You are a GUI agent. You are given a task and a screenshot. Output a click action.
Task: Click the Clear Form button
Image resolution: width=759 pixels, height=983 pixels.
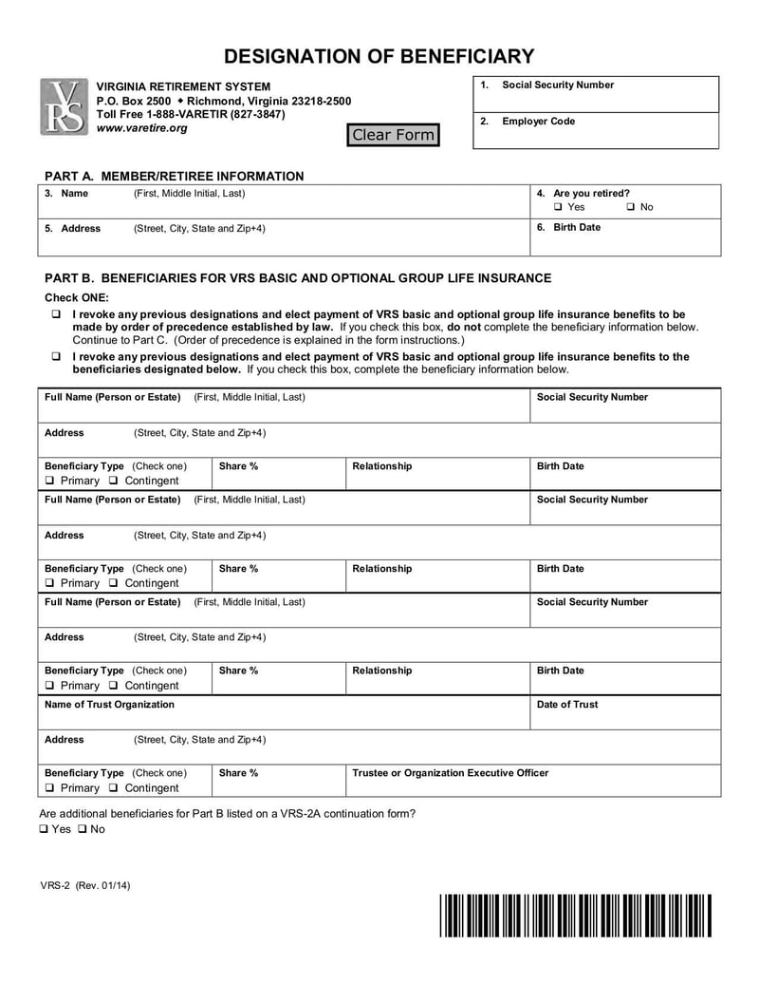pos(393,135)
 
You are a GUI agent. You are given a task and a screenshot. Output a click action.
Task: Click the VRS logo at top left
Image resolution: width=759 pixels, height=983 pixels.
pos(63,106)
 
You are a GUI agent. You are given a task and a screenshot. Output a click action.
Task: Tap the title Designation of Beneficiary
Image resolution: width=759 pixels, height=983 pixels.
pos(379,56)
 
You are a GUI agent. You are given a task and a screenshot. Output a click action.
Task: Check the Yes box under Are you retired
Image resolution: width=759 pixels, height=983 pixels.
pos(558,207)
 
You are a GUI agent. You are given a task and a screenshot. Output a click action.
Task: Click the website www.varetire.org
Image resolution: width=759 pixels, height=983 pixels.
pos(142,128)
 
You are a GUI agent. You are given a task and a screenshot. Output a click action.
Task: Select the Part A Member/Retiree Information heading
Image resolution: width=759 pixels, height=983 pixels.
pos(175,176)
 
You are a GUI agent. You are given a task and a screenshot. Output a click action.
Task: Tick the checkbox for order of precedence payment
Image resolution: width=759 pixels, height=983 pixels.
pos(56,314)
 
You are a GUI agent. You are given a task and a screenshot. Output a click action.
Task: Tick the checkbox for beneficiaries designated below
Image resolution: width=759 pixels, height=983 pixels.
pos(56,357)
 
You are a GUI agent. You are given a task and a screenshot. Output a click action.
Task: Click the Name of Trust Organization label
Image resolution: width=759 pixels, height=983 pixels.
pos(109,705)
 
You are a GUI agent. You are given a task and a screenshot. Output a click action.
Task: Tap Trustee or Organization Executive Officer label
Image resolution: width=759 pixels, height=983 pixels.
pos(450,773)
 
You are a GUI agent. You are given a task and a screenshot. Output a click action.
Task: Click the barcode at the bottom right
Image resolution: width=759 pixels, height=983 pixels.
pos(575,916)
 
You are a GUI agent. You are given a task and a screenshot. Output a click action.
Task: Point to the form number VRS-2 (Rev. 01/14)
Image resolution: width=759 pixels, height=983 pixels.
pos(85,886)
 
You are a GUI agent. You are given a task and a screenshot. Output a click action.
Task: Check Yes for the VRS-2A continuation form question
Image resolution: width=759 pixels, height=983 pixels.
pos(44,829)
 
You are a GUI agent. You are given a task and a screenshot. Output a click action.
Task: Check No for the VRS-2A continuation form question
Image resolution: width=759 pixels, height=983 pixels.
pos(83,829)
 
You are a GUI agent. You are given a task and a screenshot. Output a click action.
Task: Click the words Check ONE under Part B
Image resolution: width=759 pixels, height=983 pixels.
pos(77,297)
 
